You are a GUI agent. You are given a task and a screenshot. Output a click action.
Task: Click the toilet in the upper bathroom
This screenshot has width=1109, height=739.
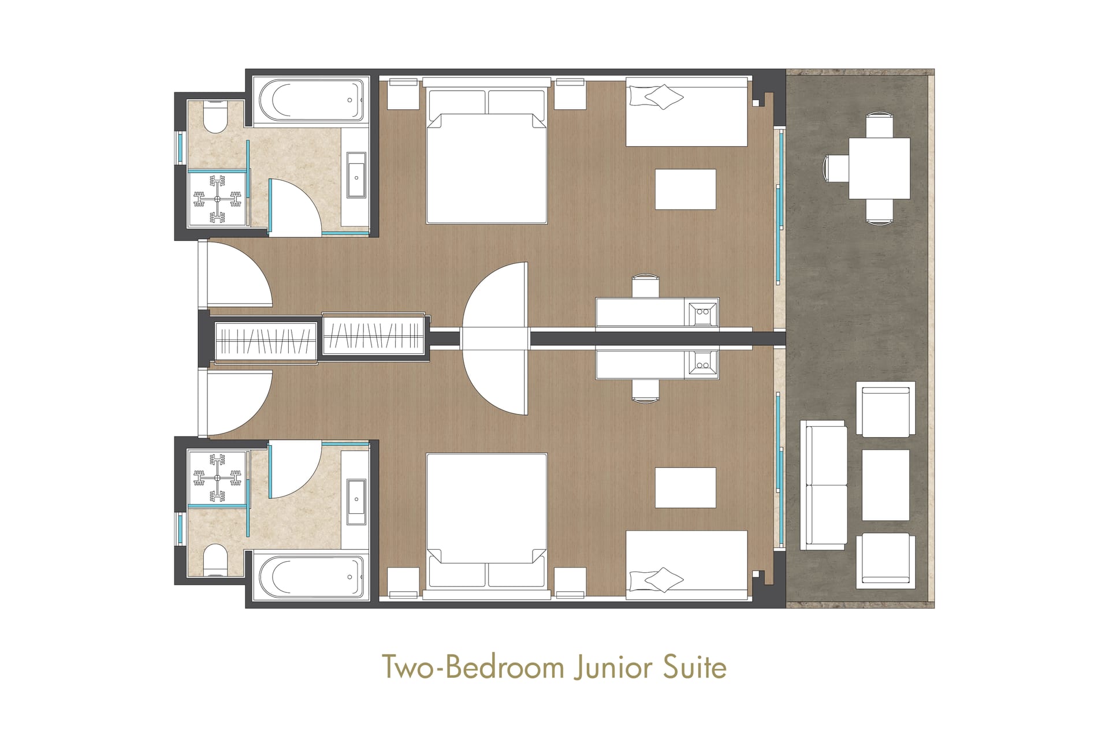click(215, 117)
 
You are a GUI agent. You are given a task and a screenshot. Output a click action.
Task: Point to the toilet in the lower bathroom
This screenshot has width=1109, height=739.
click(215, 559)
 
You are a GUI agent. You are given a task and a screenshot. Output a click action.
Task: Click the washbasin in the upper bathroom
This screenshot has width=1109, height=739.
click(356, 176)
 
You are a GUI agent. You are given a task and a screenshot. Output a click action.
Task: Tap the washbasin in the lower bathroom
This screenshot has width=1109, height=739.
click(356, 502)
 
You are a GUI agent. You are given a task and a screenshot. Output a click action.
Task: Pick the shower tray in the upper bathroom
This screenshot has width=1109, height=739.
click(217, 199)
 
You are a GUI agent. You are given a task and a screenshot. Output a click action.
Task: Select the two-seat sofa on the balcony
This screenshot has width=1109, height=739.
click(824, 485)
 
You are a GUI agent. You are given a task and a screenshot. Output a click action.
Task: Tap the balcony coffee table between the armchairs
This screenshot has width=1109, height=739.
click(885, 485)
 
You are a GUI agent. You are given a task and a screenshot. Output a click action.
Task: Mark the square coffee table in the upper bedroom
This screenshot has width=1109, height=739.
click(686, 189)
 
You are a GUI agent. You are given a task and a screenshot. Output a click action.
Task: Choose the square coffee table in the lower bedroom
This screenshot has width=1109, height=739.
click(686, 488)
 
